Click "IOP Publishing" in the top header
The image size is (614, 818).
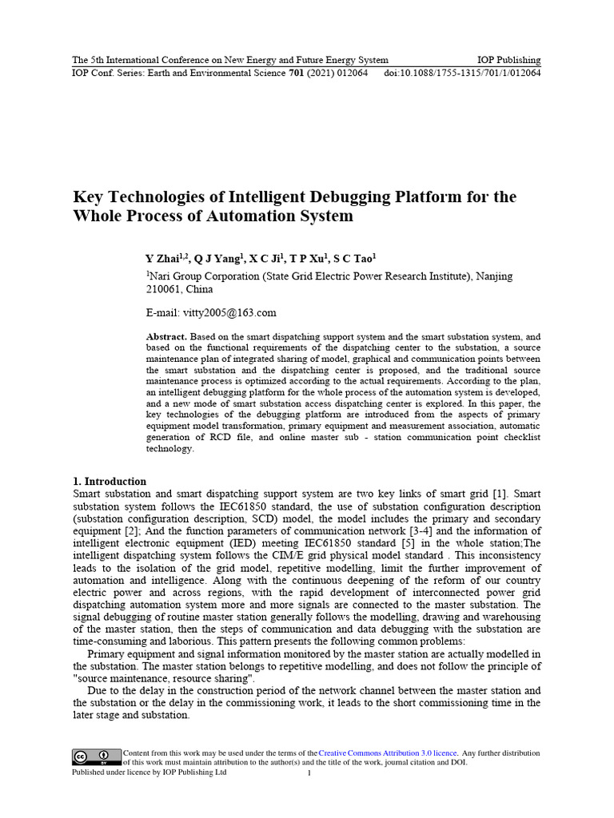point(508,60)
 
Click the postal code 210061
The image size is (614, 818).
point(165,289)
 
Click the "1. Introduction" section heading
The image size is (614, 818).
point(110,482)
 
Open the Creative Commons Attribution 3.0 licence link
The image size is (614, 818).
point(388,753)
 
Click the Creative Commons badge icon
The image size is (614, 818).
point(91,757)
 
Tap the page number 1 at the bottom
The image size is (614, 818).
point(309,773)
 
